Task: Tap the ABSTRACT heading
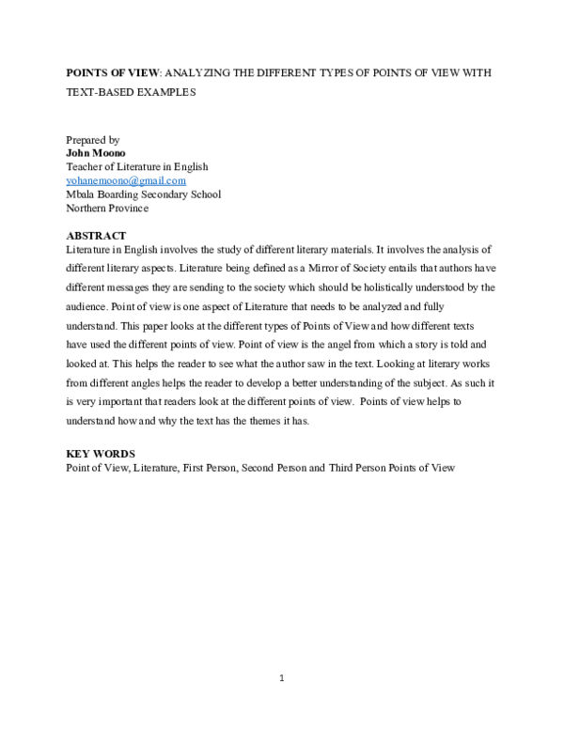pos(96,235)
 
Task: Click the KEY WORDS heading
pos(101,453)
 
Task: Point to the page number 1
pos(282,677)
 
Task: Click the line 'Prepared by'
pos(93,138)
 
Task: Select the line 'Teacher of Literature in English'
pos(137,166)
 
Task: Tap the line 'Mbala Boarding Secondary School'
pos(143,194)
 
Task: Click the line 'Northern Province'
pos(107,209)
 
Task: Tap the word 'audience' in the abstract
pos(86,306)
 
